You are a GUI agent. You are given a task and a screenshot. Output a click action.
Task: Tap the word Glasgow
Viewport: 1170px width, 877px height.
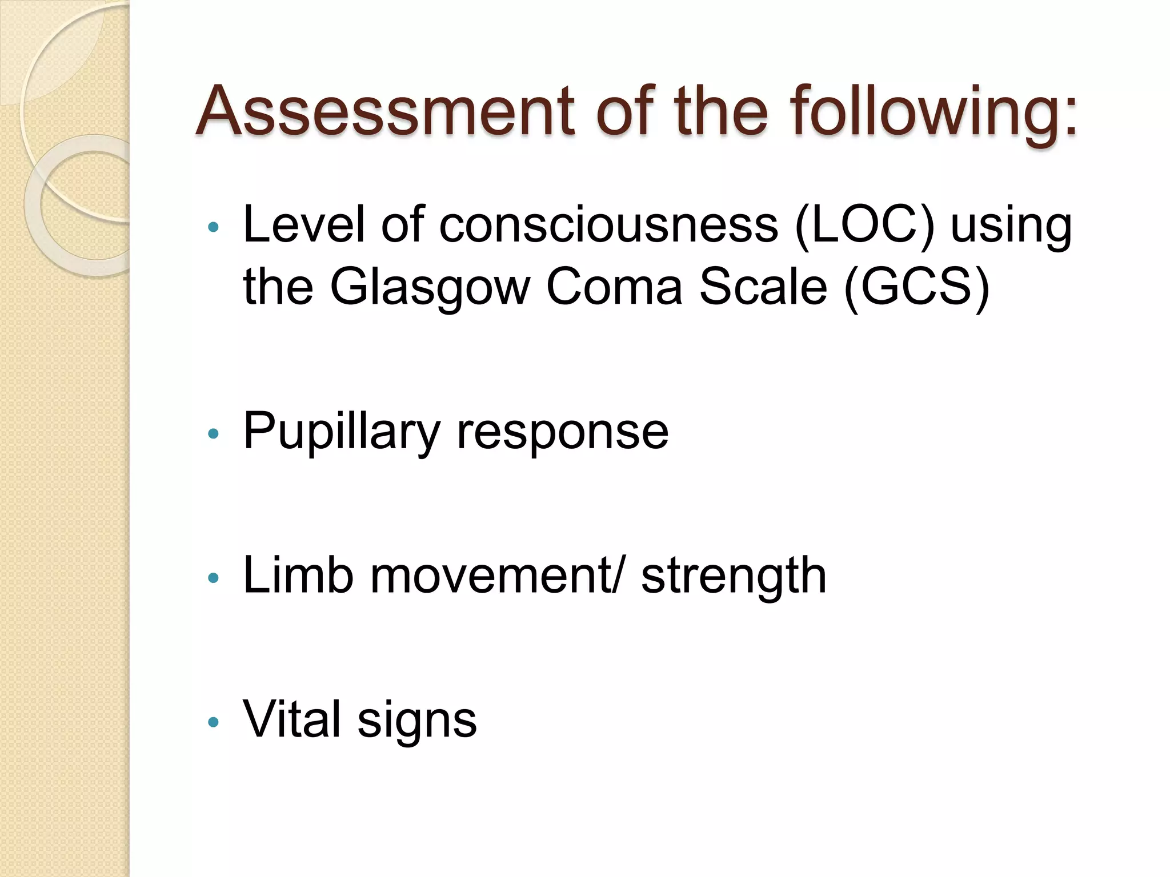coord(430,287)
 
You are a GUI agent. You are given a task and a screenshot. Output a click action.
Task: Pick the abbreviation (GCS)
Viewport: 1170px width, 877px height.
coord(916,287)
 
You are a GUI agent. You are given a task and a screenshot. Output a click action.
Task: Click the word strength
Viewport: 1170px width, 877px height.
coord(734,577)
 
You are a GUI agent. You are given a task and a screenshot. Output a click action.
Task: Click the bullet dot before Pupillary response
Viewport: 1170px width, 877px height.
coord(213,434)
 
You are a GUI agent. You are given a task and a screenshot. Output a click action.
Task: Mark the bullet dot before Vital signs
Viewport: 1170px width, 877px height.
coord(213,722)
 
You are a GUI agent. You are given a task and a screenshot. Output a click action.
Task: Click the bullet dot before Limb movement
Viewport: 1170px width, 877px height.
coord(213,578)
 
